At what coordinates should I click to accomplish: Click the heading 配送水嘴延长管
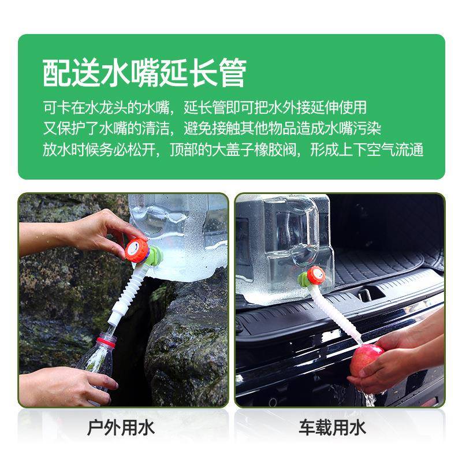pyautogui.click(x=144, y=73)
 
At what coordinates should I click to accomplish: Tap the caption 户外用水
pyautogui.click(x=121, y=428)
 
